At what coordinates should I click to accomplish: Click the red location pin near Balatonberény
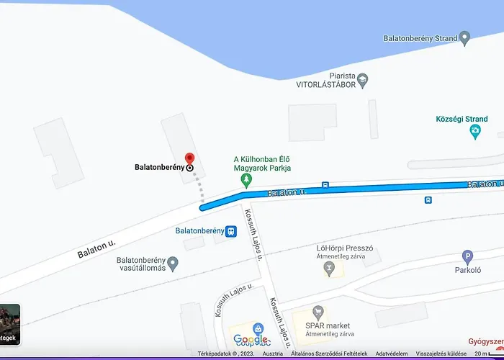[x=189, y=158]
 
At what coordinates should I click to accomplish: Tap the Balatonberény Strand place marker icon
[x=465, y=37]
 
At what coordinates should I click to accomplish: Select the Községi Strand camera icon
[x=474, y=132]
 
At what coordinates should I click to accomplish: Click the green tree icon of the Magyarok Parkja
[x=246, y=177]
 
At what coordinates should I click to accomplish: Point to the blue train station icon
[x=231, y=231]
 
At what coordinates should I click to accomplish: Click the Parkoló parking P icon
[x=467, y=257]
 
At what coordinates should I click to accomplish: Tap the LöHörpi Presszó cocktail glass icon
[x=329, y=268]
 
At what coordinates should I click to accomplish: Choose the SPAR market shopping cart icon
[x=317, y=312]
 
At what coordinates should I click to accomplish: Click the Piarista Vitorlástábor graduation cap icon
[x=363, y=78]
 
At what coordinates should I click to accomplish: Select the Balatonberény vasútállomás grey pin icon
[x=173, y=263]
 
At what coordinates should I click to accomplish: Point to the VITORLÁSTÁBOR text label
[x=326, y=84]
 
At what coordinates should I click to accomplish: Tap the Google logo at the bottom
[x=250, y=340]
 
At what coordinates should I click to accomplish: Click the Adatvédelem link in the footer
[x=392, y=354]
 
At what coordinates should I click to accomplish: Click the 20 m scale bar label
[x=480, y=354]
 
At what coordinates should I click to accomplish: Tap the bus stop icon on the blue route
[x=326, y=185]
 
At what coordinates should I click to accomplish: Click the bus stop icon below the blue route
[x=428, y=200]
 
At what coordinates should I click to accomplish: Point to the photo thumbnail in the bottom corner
[x=9, y=324]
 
